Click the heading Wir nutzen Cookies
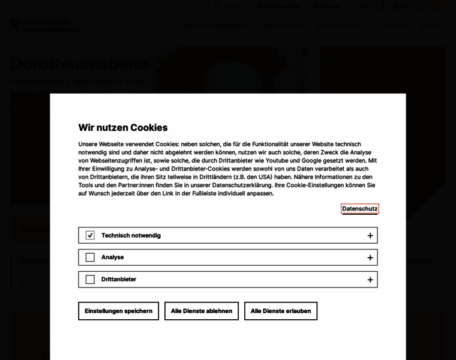[123, 127]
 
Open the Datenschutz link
[359, 209]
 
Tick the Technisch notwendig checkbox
[90, 235]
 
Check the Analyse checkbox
[90, 257]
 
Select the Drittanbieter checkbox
[90, 280]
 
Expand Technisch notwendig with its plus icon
[370, 236]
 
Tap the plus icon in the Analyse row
[370, 257]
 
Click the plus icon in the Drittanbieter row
[370, 280]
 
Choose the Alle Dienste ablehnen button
[202, 311]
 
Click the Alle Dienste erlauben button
[281, 311]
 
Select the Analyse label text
[112, 257]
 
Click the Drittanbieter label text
[119, 280]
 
